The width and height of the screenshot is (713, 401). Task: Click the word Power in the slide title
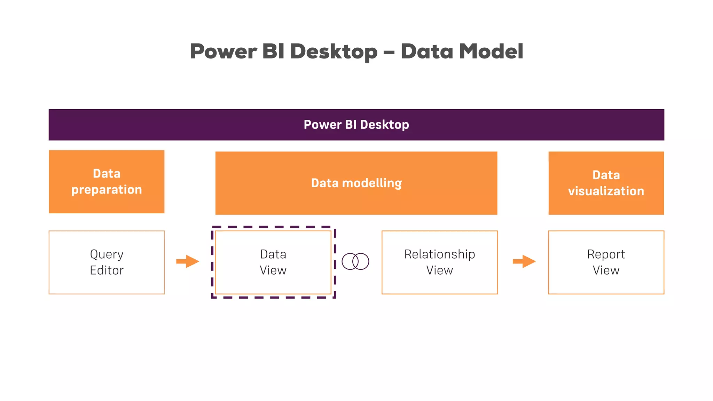point(223,52)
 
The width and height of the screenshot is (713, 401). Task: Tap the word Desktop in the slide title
point(334,52)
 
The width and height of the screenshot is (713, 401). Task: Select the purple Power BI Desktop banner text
point(356,125)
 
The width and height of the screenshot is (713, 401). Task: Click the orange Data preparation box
point(107,181)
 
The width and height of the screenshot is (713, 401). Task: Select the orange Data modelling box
point(356,183)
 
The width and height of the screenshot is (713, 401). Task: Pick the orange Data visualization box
point(606,183)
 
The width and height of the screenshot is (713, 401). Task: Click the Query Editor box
point(107,262)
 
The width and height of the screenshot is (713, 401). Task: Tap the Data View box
point(273,262)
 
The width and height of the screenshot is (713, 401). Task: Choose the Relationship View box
point(439,262)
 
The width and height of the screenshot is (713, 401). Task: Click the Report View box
point(606,262)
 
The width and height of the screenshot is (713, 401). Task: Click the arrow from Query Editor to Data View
point(188,261)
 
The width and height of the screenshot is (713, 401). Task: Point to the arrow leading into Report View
point(524,261)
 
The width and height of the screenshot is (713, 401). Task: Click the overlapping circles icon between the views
point(355,261)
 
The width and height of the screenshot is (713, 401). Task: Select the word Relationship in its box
point(439,254)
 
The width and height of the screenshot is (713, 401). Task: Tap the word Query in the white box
point(107,254)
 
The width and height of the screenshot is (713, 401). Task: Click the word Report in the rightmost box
point(606,254)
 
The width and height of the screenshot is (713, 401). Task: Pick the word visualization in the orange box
point(606,191)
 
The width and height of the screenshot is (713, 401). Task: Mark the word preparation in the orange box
point(107,190)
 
